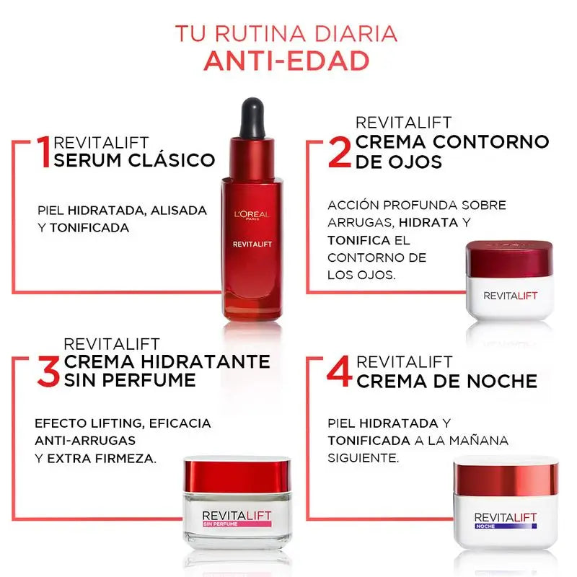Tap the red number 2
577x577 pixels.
[x=340, y=151]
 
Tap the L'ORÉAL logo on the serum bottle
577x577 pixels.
[x=251, y=213]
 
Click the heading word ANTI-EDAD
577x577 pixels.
[x=286, y=61]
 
